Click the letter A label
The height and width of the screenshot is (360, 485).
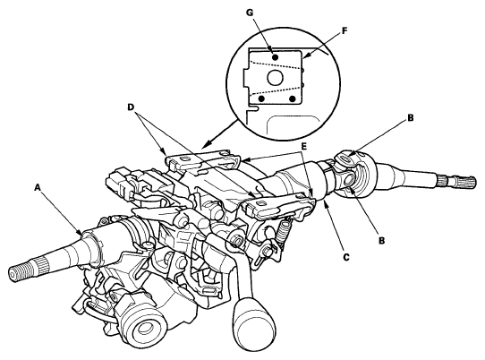click(x=38, y=187)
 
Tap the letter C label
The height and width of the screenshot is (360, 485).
click(x=346, y=257)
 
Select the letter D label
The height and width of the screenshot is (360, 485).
click(x=131, y=107)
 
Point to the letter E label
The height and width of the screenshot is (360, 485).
click(x=303, y=146)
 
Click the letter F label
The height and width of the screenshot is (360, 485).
click(x=345, y=30)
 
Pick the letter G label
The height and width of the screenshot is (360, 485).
click(x=250, y=13)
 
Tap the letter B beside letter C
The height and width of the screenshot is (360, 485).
click(x=382, y=240)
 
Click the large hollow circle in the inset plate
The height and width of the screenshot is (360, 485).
click(x=274, y=77)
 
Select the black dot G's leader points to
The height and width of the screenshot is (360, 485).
click(x=275, y=57)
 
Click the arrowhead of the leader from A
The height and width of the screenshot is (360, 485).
click(x=81, y=234)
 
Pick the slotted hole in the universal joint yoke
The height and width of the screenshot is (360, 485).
click(x=344, y=159)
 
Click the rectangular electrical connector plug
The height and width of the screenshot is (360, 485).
click(x=117, y=186)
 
